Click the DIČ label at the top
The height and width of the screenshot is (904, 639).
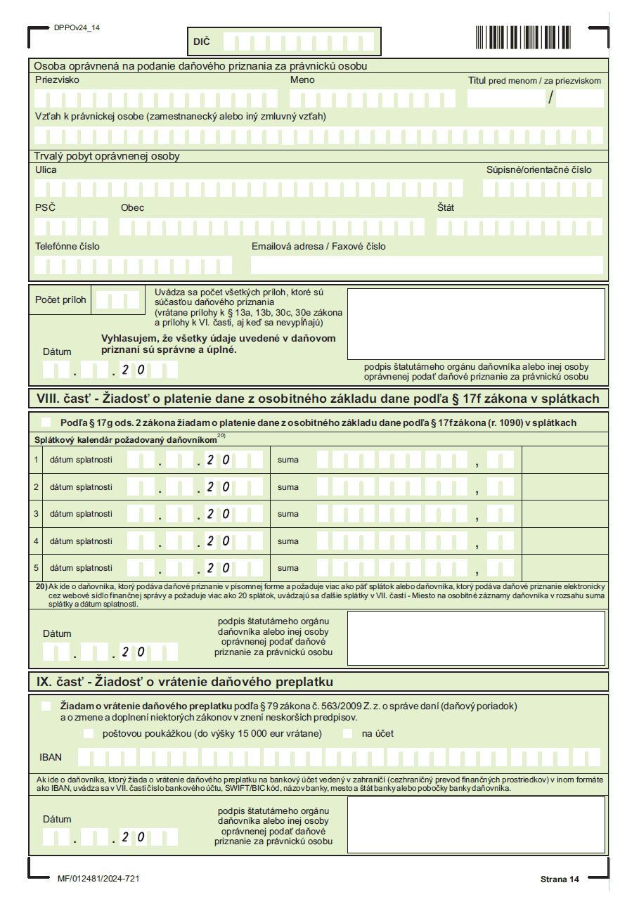201,42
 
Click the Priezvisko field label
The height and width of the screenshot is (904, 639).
57,80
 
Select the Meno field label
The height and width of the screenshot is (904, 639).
302,80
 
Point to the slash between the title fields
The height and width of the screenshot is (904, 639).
551,98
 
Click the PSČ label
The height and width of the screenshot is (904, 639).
45,208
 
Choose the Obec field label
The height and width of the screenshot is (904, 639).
132,208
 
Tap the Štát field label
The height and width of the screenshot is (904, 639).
446,208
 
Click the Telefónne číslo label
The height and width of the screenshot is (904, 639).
67,247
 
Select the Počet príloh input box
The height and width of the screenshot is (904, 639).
117,300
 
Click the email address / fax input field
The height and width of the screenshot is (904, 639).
427,265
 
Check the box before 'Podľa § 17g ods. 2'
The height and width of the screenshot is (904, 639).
46,422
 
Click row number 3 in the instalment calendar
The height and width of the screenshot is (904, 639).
36,514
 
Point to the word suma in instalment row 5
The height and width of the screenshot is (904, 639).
288,568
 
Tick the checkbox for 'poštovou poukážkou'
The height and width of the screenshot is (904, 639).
88,734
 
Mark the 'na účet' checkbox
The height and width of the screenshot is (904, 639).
348,734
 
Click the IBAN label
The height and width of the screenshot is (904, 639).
51,758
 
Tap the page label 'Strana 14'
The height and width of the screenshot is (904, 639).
560,879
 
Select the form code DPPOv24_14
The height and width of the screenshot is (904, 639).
77,27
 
